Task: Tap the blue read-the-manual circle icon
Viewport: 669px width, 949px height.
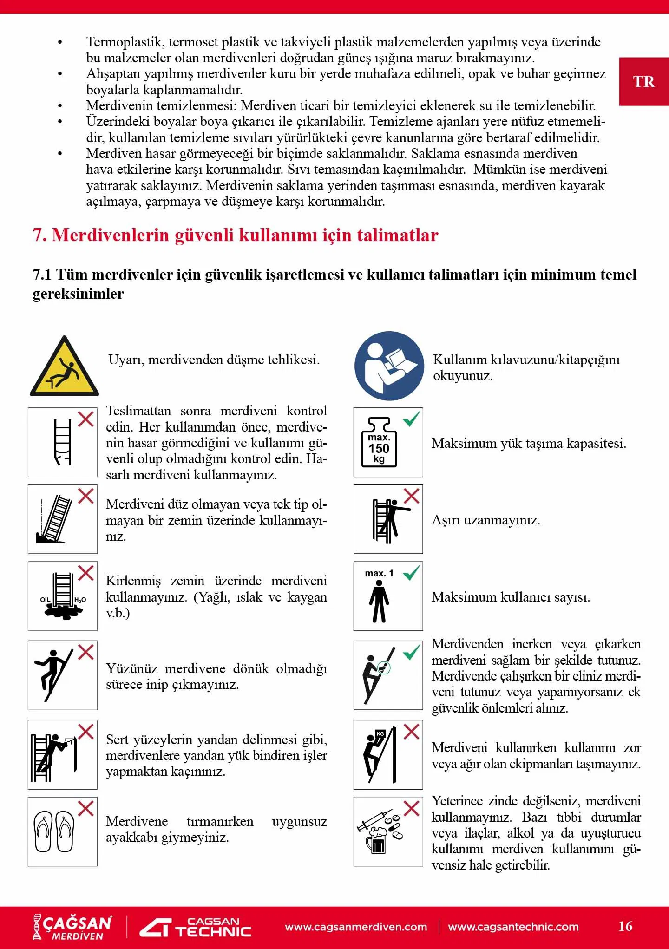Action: (x=389, y=366)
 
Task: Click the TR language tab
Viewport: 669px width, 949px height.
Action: (x=643, y=82)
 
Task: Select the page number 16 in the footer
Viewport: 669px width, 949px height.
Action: (x=625, y=926)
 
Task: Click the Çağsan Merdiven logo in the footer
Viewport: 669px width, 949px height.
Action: (x=72, y=927)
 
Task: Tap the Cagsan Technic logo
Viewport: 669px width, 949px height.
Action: (x=196, y=927)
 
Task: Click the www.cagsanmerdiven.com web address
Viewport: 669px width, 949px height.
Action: (x=356, y=927)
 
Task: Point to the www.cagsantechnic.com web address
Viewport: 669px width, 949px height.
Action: (x=513, y=927)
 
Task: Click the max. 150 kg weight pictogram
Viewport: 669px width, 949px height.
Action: (x=380, y=443)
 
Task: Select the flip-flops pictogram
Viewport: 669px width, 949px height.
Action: (x=55, y=831)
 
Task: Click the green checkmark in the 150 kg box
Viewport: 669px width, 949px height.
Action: (x=411, y=419)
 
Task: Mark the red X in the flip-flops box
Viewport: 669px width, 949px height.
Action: (x=86, y=808)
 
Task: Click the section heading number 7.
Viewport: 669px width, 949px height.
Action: (x=39, y=235)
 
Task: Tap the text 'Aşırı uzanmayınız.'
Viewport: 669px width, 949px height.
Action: (x=485, y=520)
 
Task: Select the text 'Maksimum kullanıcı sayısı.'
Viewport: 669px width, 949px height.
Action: (x=511, y=597)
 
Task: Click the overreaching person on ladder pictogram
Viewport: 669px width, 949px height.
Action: (x=388, y=519)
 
